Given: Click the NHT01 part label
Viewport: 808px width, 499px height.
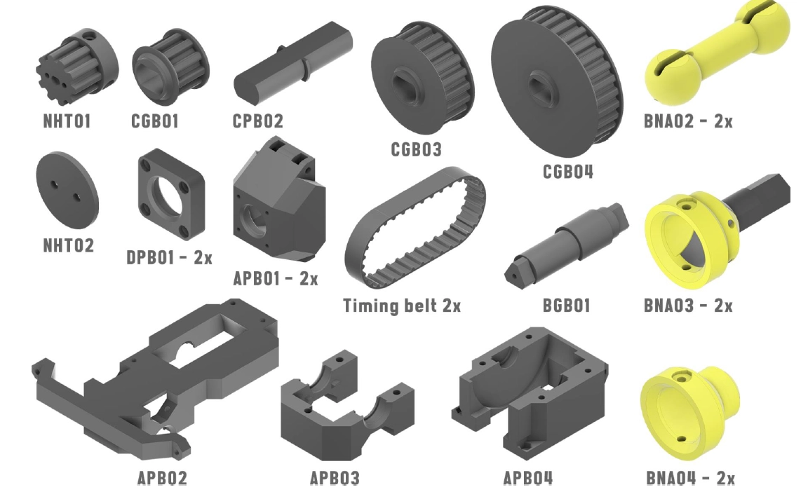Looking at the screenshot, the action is (x=67, y=121).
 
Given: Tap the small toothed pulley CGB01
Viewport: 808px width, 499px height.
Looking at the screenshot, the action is (x=170, y=67).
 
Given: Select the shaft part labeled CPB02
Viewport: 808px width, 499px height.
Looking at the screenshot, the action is (x=292, y=61).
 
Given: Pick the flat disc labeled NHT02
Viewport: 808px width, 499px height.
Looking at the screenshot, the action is (x=67, y=190).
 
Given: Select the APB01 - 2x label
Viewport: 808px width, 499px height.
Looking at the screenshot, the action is (x=276, y=279).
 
